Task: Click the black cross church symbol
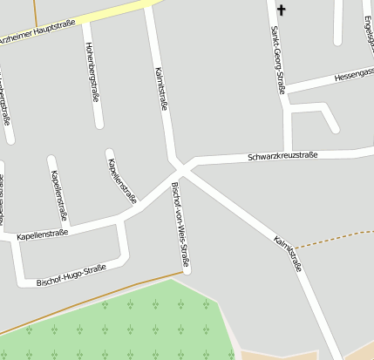(281, 10)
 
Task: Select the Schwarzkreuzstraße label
(282, 156)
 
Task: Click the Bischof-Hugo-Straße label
(71, 275)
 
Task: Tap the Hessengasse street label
(353, 75)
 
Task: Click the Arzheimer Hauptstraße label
(39, 32)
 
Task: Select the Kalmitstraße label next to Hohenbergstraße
(160, 87)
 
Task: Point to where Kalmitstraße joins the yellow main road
(149, 6)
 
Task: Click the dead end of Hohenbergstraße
(99, 125)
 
